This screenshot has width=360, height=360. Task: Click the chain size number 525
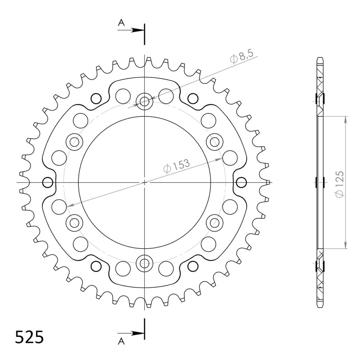29,337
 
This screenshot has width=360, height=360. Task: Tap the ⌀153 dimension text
177,166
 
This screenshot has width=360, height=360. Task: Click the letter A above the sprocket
121,23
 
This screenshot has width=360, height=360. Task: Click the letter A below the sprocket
121,342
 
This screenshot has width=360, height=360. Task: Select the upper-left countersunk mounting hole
74,141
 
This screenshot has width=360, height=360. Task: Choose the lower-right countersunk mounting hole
215,223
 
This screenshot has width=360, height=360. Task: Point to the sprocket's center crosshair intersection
144,182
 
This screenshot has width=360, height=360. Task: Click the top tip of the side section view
320,58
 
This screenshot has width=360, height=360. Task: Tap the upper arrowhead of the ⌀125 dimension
346,119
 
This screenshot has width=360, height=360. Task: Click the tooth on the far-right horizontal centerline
268,182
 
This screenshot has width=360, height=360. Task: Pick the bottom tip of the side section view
320,307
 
